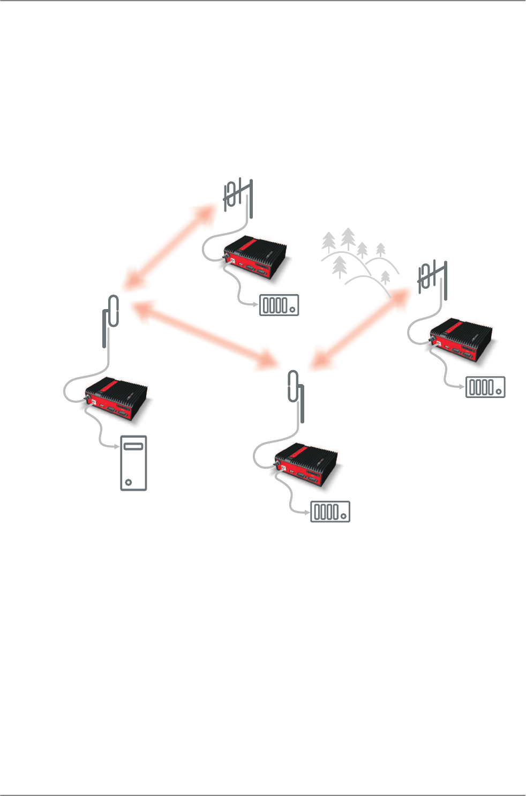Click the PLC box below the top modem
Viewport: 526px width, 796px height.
point(279,305)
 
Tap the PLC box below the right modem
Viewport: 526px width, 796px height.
point(485,387)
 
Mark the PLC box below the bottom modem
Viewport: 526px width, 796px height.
point(330,512)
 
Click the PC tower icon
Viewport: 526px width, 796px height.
point(133,463)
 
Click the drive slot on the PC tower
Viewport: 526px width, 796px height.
point(133,446)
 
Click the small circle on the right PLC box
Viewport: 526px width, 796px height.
point(499,391)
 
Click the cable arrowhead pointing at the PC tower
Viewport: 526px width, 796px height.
point(116,446)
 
